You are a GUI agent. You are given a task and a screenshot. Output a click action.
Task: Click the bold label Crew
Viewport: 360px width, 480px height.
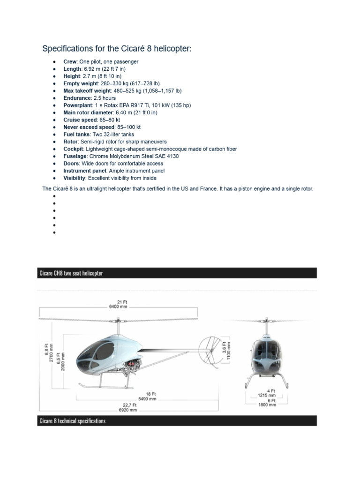point(70,61)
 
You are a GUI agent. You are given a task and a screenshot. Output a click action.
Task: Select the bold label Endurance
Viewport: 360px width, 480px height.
point(77,98)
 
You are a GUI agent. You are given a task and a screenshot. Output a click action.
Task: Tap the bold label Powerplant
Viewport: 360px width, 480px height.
point(78,105)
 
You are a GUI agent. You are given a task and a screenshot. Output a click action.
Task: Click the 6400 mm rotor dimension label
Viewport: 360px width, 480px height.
point(118,307)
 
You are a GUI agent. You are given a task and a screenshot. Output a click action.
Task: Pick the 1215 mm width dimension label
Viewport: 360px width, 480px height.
point(266,395)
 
